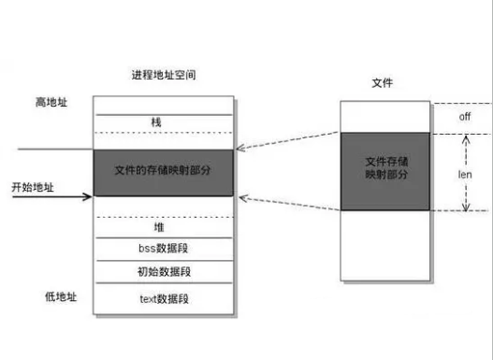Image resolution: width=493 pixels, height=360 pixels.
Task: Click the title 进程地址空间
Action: [164, 74]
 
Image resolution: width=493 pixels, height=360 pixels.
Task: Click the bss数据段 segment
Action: [163, 250]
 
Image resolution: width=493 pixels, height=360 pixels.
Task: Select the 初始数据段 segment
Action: [163, 272]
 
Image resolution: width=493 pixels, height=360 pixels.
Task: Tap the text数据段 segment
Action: [164, 298]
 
